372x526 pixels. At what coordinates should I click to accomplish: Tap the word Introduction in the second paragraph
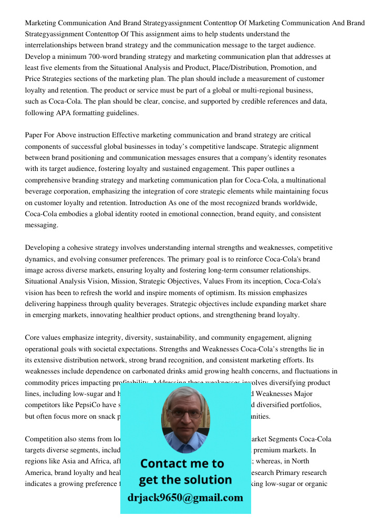[189, 203]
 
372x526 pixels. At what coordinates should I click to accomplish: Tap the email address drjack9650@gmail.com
[185, 498]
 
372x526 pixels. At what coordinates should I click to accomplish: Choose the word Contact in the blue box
[162, 463]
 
